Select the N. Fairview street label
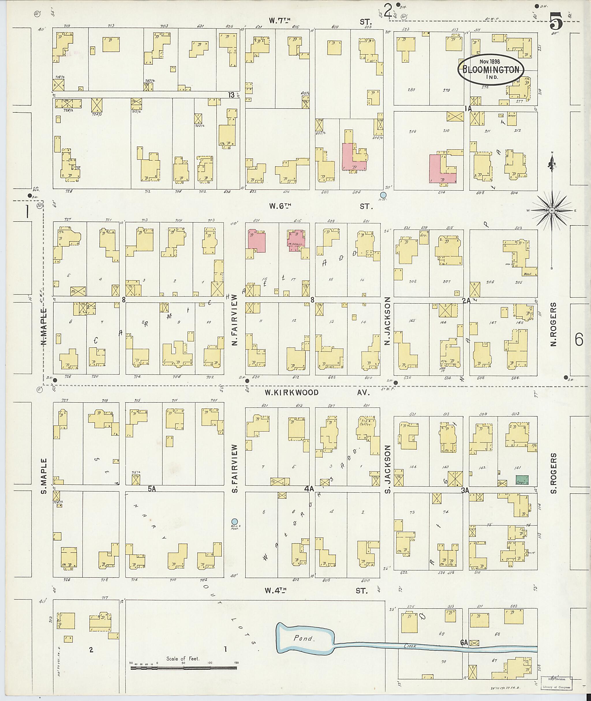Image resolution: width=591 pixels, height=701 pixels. click(x=234, y=320)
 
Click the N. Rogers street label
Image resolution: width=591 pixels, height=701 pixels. click(x=553, y=324)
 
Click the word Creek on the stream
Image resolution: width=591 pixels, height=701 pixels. click(x=409, y=646)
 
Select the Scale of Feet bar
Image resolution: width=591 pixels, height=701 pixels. click(x=184, y=668)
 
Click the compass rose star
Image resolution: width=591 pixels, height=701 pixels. click(x=551, y=210)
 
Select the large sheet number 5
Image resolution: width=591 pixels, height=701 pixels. click(x=556, y=20)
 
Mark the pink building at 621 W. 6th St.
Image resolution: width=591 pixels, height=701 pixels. click(x=256, y=240)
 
